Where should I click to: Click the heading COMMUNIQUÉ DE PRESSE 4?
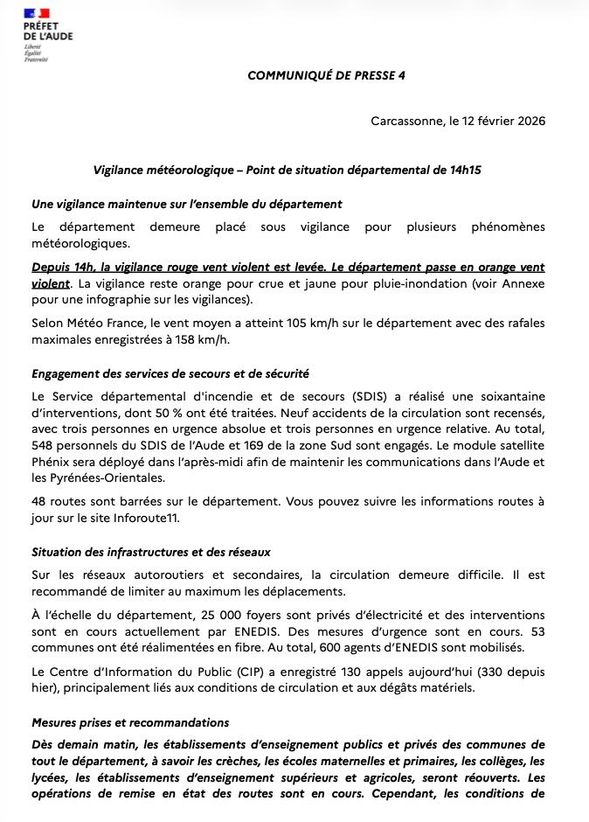326,75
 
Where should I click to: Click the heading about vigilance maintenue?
186,204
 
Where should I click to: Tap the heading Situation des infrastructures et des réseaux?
151,552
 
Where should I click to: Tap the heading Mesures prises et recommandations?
130,723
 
